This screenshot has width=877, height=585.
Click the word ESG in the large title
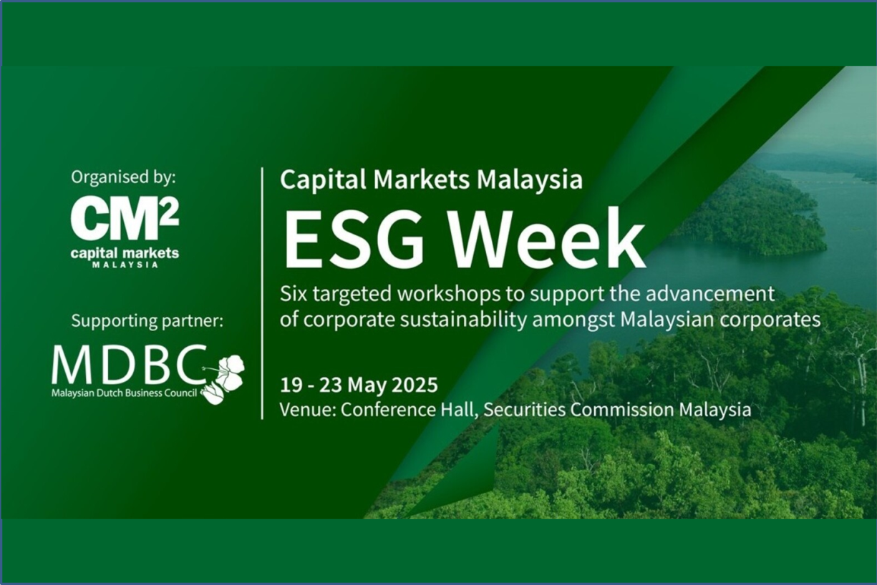pos(354,239)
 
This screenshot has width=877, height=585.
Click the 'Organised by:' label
pos(124,178)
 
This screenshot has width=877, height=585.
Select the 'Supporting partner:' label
pos(147,321)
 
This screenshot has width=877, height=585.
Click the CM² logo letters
pos(125,220)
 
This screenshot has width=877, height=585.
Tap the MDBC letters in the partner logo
pos(129,365)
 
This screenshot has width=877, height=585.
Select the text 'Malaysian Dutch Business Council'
pos(124,393)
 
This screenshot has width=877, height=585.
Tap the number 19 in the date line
pos(291,385)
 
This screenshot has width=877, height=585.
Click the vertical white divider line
pos(262,293)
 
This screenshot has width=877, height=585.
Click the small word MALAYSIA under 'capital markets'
pos(125,265)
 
